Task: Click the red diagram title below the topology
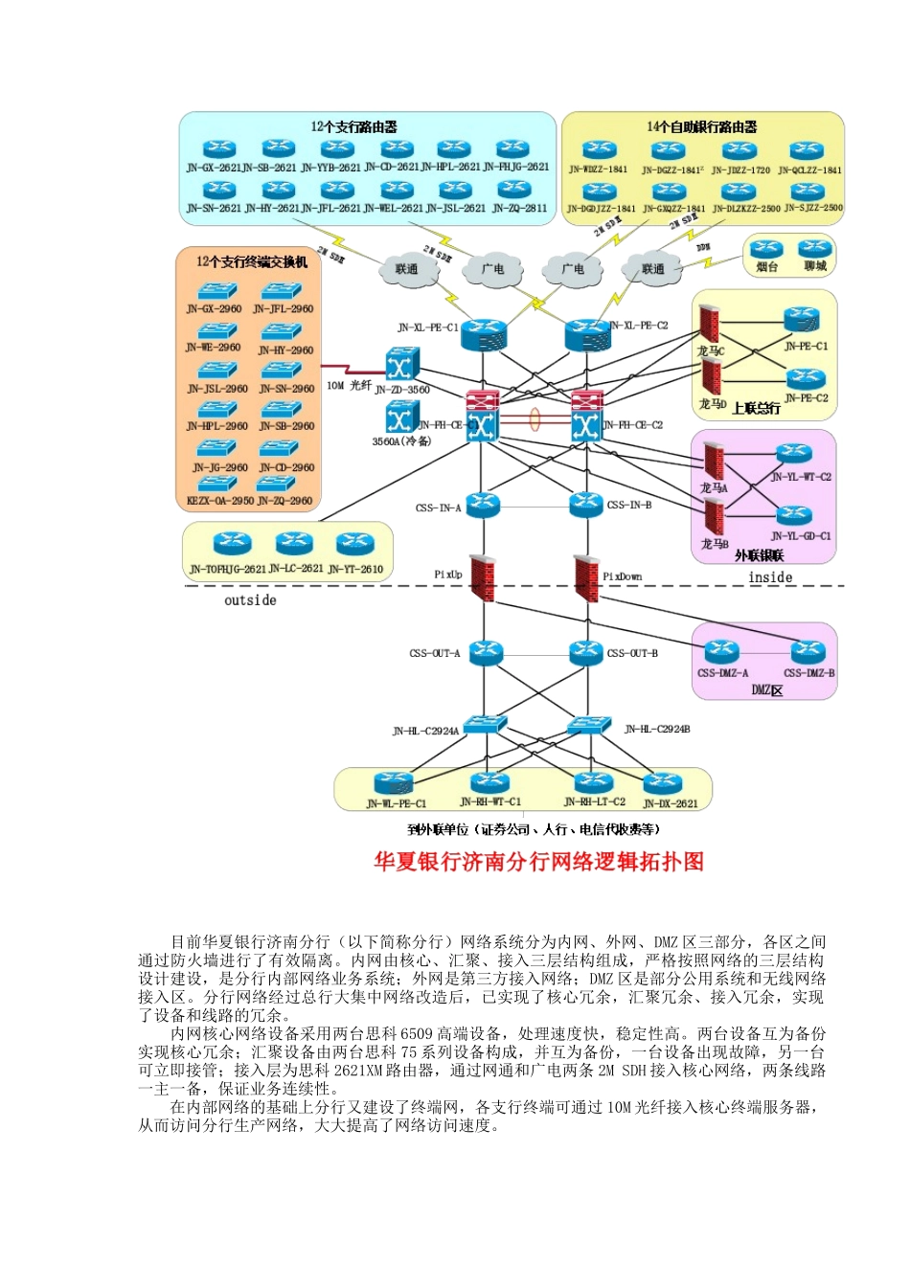tap(538, 862)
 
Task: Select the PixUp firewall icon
tap(483, 577)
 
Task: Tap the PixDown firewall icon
tap(586, 577)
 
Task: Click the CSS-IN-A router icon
tap(483, 504)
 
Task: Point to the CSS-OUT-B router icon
tap(586, 652)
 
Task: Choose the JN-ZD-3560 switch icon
tap(401, 365)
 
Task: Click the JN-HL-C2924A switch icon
tap(484, 726)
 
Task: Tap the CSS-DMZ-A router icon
tap(721, 652)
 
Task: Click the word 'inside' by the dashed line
tap(770, 577)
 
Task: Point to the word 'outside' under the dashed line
tap(250, 600)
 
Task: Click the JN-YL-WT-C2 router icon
tap(794, 454)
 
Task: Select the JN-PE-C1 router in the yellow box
tap(803, 321)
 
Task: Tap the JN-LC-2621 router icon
tap(294, 545)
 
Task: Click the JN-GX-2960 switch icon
tap(217, 291)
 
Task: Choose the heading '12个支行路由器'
tap(353, 126)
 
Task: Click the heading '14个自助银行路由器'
tap(702, 126)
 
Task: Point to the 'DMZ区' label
tap(766, 690)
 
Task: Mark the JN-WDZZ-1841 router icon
tap(599, 149)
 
